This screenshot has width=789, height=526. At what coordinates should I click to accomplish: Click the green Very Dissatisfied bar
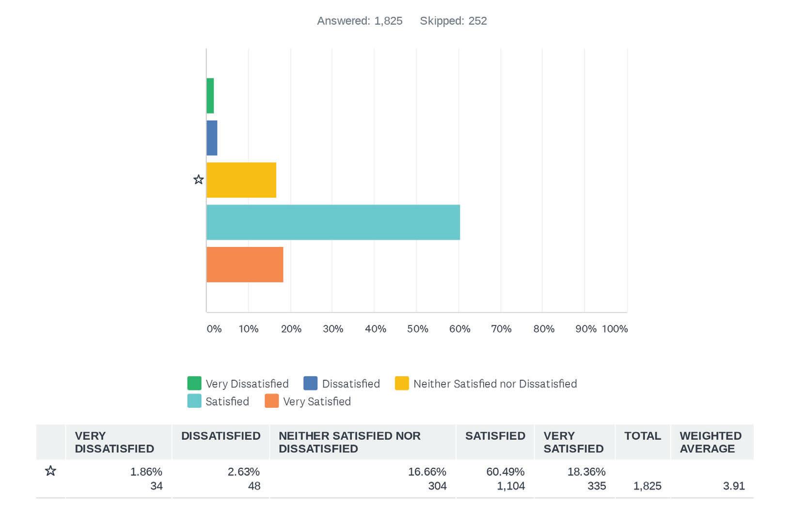pos(210,96)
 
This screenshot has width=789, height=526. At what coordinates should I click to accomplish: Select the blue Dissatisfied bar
pos(212,138)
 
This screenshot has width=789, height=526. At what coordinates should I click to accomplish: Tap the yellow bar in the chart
pos(241,180)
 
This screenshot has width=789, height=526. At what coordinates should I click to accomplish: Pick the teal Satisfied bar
pos(333,222)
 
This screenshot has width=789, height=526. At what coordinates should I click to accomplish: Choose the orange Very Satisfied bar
pos(245,264)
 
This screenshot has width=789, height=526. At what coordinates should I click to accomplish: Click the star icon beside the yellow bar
pos(199,180)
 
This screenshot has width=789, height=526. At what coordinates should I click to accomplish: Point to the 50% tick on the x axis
pos(417,329)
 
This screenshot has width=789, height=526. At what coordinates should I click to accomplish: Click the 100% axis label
pos(615,329)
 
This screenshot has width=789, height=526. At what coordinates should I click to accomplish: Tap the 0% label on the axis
pos(214,329)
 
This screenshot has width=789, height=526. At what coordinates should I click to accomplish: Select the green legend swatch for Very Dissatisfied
pos(194,383)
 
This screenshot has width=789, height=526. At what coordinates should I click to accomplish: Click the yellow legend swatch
pos(402,383)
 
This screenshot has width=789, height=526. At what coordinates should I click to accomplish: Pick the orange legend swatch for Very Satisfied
pos(272,401)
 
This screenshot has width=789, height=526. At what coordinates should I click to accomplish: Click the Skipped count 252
pos(478,21)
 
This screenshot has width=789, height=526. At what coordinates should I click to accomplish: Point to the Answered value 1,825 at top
pos(388,21)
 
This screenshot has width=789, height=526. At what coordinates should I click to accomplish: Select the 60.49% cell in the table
pos(505,471)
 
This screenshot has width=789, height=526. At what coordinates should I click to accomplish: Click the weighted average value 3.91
pos(734,486)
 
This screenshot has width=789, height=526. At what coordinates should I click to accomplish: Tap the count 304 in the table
pos(438,486)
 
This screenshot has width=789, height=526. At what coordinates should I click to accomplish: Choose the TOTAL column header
pos(643,436)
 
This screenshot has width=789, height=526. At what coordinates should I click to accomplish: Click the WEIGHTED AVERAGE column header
pos(710,442)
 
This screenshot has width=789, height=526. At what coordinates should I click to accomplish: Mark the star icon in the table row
pos(51,471)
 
